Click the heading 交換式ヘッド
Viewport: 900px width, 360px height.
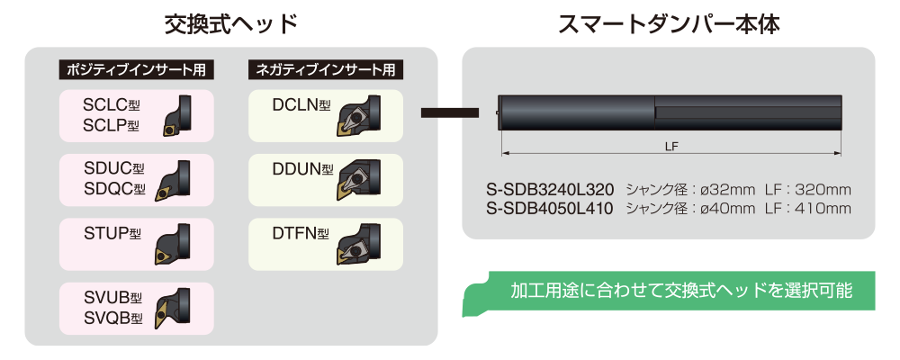pos(230,24)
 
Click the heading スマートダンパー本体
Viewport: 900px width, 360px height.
pos(669,24)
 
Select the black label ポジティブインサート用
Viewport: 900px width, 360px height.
pos(137,70)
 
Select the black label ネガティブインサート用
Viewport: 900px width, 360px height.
pos(326,70)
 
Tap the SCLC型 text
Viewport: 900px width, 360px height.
pos(112,105)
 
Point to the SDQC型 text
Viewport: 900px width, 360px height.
pos(114,188)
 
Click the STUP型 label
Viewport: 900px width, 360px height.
pos(112,234)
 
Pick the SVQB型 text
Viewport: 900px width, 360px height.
pos(112,318)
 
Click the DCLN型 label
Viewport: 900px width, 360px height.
pos(301,105)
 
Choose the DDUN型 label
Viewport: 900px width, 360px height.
pos(302,169)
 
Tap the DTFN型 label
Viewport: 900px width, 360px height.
pos(301,234)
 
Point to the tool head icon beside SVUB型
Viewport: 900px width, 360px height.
pos(172,309)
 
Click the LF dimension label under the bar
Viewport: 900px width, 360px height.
pos(671,147)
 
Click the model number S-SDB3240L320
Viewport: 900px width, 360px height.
pos(549,190)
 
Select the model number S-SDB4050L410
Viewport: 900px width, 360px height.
pos(549,208)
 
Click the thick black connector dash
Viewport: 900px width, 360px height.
pos(449,112)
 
